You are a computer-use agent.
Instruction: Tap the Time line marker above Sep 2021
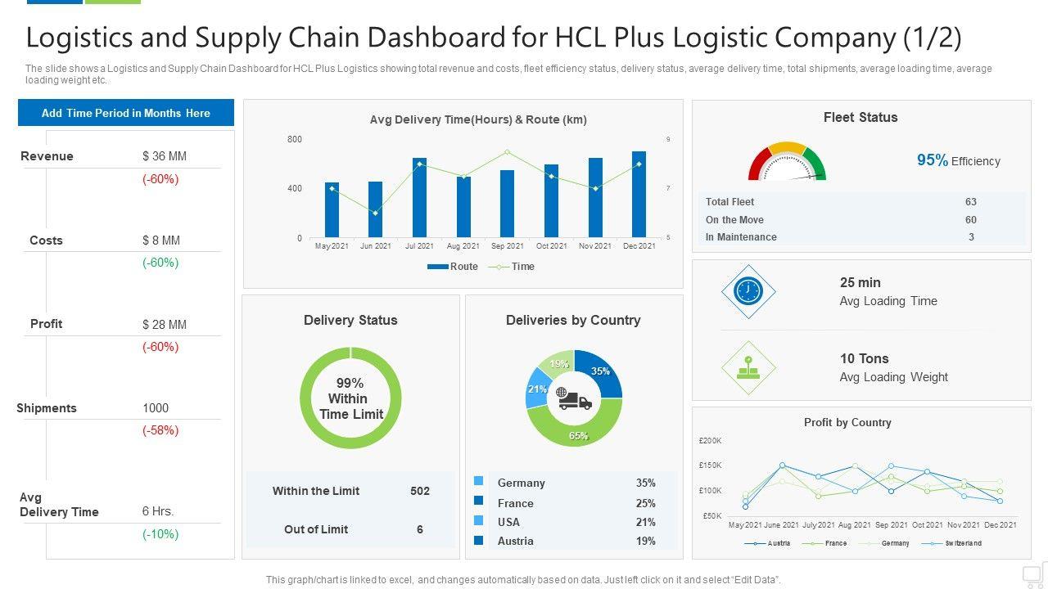(x=508, y=152)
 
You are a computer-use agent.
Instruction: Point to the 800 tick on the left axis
(x=295, y=140)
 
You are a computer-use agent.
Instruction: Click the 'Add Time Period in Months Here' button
(x=126, y=113)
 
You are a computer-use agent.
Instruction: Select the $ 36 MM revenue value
(x=165, y=156)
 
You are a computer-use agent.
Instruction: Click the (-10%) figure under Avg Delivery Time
(x=160, y=534)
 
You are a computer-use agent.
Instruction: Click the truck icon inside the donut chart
(x=574, y=398)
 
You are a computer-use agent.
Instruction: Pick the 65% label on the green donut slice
(x=578, y=436)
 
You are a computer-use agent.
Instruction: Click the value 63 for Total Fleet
(x=971, y=202)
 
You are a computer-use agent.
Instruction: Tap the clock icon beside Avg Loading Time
(x=748, y=291)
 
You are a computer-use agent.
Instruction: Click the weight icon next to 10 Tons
(x=748, y=368)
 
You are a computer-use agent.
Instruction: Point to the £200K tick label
(x=710, y=441)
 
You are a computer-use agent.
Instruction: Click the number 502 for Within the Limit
(x=420, y=491)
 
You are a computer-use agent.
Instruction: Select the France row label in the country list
(x=515, y=503)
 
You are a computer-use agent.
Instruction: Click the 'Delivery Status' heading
(x=350, y=321)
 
